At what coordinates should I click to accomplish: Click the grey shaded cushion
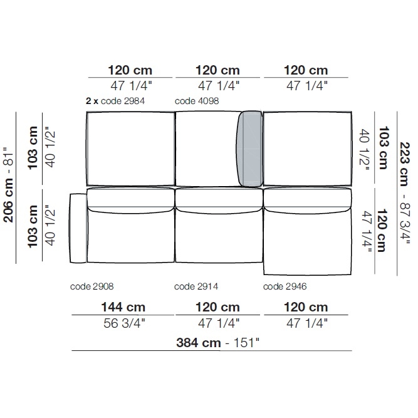click(249, 149)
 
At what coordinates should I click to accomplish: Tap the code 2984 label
click(123, 101)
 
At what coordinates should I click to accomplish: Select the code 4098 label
click(197, 101)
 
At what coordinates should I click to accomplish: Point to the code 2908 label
click(91, 286)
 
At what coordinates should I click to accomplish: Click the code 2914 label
click(196, 286)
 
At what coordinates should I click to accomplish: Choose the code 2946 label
click(285, 286)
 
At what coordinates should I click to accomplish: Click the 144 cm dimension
click(123, 307)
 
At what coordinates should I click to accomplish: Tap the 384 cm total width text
click(199, 343)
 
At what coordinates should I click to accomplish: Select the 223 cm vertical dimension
click(404, 164)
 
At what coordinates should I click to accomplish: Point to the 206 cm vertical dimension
click(8, 200)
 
